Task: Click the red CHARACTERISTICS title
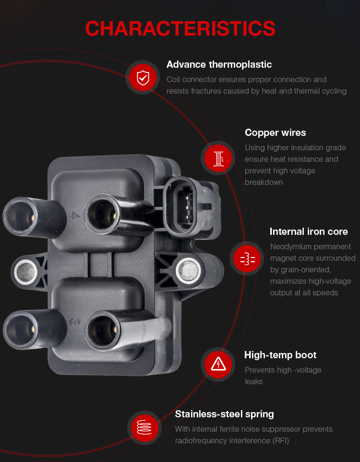(180, 29)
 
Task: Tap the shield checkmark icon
(143, 77)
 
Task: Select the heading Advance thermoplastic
(219, 64)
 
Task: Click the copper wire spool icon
(218, 158)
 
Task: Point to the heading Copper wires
(275, 133)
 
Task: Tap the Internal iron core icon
(247, 258)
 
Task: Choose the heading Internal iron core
(309, 231)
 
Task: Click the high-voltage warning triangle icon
(218, 365)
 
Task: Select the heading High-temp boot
(280, 355)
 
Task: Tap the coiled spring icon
(144, 427)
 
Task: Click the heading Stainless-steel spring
(224, 414)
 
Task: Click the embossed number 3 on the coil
(75, 322)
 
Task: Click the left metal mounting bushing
(25, 271)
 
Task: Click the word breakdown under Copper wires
(264, 182)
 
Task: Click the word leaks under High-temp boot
(253, 382)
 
